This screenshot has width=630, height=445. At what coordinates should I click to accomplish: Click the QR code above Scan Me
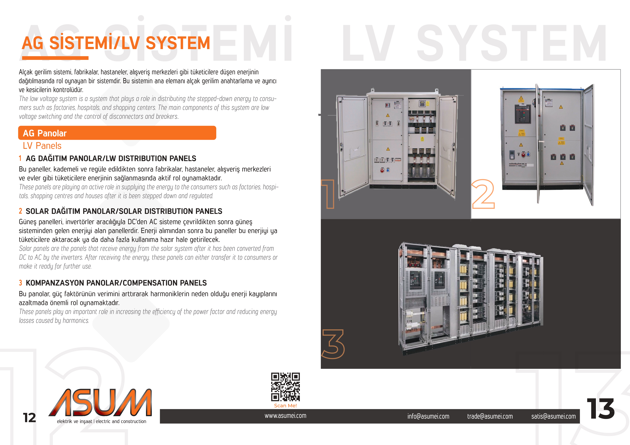click(x=285, y=387)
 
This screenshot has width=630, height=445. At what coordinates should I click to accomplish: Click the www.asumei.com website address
click(x=285, y=416)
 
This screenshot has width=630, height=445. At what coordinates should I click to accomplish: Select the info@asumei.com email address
click(x=428, y=416)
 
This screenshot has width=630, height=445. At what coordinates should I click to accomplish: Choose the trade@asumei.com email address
click(x=490, y=416)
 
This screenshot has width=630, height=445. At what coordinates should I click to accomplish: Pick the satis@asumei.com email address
click(x=553, y=416)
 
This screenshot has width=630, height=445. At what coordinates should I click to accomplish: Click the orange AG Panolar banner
click(x=117, y=133)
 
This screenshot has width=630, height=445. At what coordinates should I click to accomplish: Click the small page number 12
click(x=29, y=418)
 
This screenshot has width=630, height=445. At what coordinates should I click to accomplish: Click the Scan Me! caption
click(x=285, y=406)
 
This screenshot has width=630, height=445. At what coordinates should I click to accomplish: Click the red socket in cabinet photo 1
click(x=382, y=170)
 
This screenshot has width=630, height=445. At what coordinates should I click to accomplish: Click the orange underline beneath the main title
click(x=55, y=58)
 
